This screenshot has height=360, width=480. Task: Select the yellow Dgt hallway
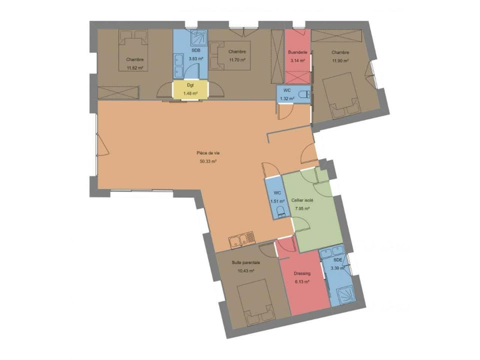pos(190,90)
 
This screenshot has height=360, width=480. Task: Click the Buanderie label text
pos(297,52)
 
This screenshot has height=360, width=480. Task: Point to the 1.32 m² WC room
pos(287,94)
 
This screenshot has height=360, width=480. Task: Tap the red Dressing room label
pos(302,273)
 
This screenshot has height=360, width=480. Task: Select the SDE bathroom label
pos(338,260)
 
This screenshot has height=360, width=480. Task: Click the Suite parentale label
pos(245,262)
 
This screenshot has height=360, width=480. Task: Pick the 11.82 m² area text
pos(135,68)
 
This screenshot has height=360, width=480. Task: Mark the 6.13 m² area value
pos(302,282)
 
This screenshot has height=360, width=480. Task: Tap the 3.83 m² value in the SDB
pos(196,58)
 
